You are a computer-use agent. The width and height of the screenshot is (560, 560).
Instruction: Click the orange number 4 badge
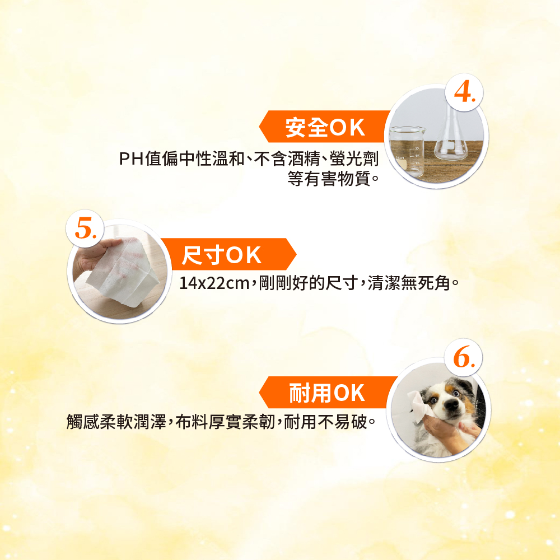point(464,92)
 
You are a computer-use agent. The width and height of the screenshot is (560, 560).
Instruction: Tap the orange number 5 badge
point(85,228)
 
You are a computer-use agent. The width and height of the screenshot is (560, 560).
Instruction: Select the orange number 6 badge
point(463,357)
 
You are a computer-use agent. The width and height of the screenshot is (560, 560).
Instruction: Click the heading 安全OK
point(325,127)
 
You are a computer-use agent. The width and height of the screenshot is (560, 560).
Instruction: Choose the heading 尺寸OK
point(221,255)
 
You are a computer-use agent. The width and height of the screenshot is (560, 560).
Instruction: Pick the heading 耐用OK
point(327,393)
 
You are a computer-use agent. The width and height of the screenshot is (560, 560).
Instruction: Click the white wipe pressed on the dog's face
point(419,405)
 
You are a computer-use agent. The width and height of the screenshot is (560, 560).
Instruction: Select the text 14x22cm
point(214,283)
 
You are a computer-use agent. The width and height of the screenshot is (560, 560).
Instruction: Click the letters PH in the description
point(131,159)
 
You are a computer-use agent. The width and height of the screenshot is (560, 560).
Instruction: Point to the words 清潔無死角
point(409,283)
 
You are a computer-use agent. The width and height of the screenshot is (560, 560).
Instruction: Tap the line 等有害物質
point(329,179)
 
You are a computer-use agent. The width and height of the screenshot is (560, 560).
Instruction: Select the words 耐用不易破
point(326,422)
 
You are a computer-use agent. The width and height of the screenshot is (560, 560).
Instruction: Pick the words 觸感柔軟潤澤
point(116,422)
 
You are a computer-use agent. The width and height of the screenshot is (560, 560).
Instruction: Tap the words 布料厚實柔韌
point(225,422)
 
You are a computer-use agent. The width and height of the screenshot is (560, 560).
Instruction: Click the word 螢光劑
point(354,159)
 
